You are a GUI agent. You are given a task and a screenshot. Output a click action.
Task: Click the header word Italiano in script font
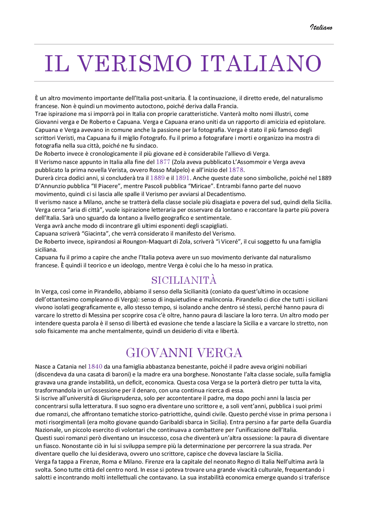(x=321, y=27)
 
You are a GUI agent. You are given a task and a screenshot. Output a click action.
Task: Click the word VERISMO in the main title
(x=135, y=64)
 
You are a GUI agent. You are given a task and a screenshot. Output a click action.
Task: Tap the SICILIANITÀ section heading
(x=184, y=280)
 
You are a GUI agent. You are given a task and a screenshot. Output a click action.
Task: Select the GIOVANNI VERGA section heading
(x=184, y=353)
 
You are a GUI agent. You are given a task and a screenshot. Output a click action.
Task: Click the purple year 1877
(x=163, y=162)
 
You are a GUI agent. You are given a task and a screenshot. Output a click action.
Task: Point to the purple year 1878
(x=236, y=170)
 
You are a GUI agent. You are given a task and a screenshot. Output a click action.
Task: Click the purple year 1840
(x=95, y=367)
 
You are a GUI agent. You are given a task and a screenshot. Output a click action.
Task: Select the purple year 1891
(x=183, y=178)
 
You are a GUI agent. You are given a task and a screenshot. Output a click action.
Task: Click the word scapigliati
(x=213, y=226)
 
